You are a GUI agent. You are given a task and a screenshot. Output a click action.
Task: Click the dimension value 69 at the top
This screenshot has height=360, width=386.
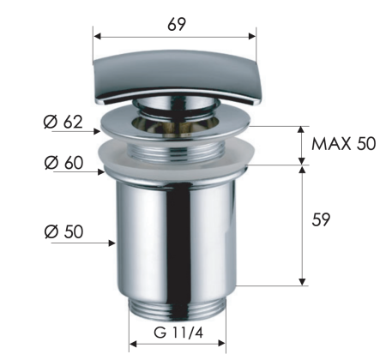coord(177,24)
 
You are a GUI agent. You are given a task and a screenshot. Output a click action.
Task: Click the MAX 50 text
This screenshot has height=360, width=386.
coord(343,143)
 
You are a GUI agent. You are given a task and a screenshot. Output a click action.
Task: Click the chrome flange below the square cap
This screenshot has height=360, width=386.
coord(176,125)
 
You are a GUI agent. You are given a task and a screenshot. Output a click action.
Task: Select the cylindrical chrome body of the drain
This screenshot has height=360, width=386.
coord(176,231)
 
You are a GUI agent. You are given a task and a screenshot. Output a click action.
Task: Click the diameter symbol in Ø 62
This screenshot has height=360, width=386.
coord(50,122)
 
